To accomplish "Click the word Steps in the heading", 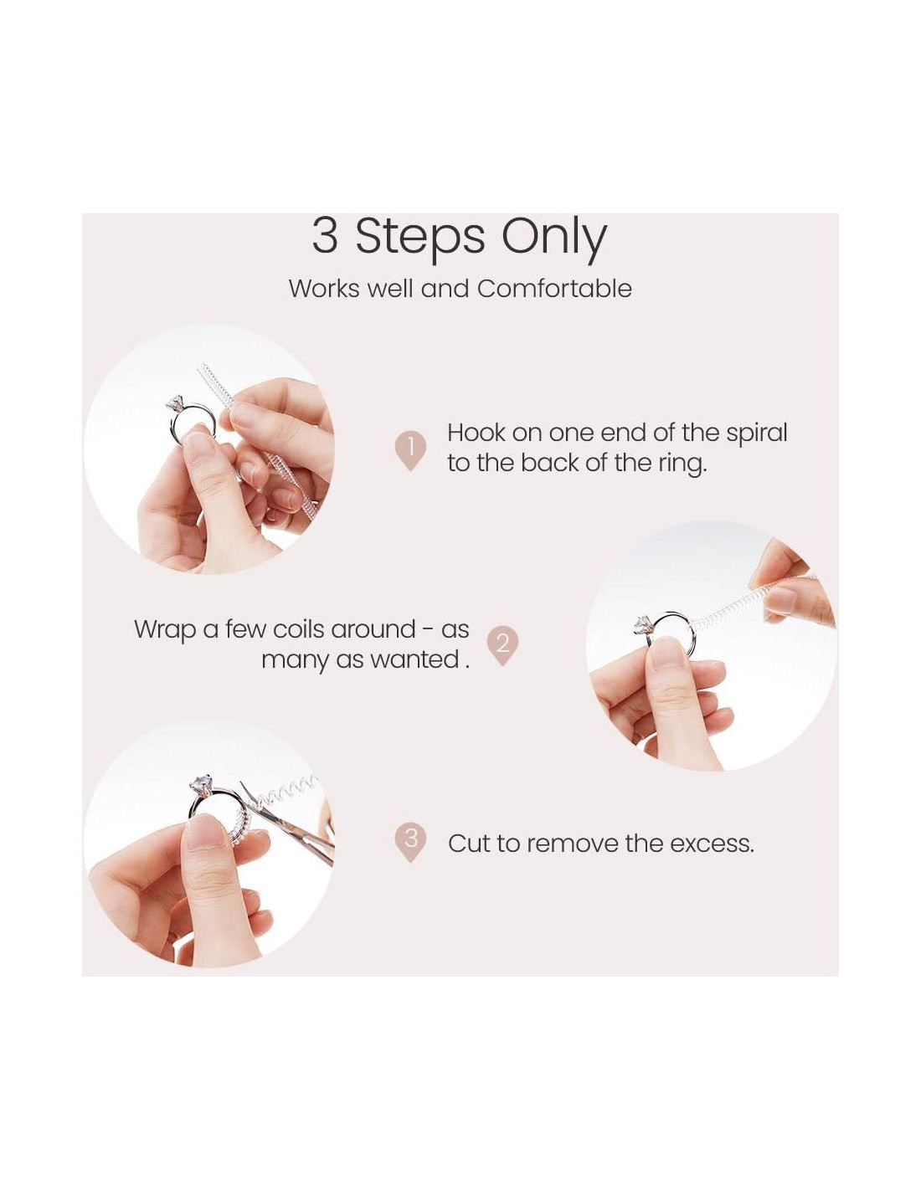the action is click(420, 237).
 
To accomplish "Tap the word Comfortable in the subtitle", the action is click(554, 289).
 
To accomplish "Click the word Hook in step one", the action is click(476, 433).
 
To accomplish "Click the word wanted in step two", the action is click(414, 659).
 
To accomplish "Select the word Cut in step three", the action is click(468, 844).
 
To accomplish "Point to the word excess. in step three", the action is click(712, 844).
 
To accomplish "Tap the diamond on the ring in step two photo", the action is click(642, 624).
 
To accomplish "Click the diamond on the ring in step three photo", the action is click(201, 783).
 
